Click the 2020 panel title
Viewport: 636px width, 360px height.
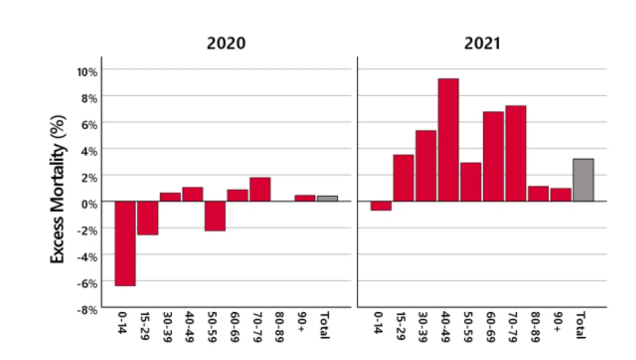(x=226, y=43)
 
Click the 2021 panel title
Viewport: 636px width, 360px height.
(x=482, y=43)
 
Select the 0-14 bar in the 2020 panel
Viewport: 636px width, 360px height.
(x=125, y=243)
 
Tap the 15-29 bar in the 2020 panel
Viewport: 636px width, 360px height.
(x=148, y=218)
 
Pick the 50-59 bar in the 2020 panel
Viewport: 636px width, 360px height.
(x=215, y=216)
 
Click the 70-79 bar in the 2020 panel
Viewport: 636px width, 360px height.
(x=260, y=189)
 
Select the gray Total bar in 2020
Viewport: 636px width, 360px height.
(x=328, y=198)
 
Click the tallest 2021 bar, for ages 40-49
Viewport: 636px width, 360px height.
(x=448, y=140)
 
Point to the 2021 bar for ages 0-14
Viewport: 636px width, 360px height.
(x=381, y=206)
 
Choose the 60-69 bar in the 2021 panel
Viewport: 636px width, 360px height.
(x=493, y=156)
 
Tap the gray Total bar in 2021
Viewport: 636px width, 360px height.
(x=583, y=180)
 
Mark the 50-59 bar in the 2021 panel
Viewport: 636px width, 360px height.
(x=471, y=182)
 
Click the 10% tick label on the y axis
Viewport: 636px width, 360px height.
(x=87, y=72)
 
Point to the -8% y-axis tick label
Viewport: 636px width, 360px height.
(x=87, y=310)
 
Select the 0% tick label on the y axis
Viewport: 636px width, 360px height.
(x=90, y=204)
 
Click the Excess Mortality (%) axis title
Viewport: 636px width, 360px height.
(x=58, y=189)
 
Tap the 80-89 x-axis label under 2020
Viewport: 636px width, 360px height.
(x=280, y=327)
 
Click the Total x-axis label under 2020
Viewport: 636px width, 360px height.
(x=324, y=325)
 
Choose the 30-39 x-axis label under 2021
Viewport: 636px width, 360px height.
(x=423, y=327)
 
